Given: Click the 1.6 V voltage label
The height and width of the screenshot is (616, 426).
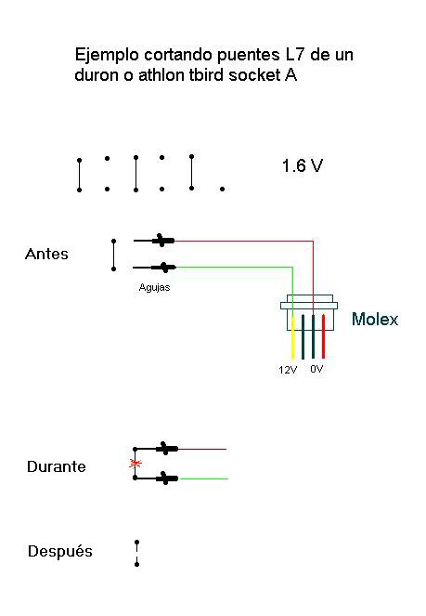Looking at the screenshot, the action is (303, 165).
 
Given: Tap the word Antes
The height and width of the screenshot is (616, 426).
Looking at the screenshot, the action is (46, 254).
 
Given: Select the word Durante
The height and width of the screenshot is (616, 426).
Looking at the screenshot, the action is (57, 466).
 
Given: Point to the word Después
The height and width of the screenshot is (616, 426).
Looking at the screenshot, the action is (60, 551).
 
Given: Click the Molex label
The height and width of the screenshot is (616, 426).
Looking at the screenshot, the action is (375, 319).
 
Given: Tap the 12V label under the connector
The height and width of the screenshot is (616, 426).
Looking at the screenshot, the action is (288, 370).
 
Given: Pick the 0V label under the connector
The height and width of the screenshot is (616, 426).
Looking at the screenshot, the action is (316, 369).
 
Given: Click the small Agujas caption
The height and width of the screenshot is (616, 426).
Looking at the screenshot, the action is (154, 288).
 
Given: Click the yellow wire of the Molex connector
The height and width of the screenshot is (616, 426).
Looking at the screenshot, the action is (292, 336).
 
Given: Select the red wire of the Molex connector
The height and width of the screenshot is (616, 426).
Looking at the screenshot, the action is (323, 336).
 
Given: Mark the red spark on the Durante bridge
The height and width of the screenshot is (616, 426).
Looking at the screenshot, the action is (136, 464).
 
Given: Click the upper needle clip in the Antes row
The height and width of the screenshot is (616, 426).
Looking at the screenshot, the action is (163, 240).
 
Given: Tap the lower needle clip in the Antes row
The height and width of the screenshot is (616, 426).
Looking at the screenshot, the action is (163, 268).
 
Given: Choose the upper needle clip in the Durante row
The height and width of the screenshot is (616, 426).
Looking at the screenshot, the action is (167, 448).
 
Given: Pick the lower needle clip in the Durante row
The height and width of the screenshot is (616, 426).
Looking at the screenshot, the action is (167, 478).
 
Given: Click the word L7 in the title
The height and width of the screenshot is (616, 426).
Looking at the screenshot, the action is (294, 55).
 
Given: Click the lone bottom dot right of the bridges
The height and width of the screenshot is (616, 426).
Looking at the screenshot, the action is (222, 189).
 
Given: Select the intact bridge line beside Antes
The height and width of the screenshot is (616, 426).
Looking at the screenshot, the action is (114, 255).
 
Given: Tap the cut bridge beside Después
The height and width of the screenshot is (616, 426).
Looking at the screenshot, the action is (136, 553).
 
